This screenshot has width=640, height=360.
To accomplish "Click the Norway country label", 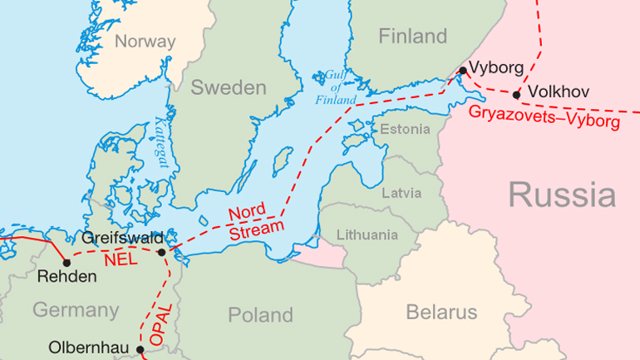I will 145,42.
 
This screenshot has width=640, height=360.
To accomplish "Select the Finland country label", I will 412,36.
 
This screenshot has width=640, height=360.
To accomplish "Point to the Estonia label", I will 406,129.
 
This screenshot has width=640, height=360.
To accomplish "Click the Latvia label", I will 401,193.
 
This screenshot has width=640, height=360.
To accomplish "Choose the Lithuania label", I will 366,234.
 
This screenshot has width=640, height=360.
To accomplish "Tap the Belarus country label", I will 441,312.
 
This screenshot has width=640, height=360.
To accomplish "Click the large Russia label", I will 562,195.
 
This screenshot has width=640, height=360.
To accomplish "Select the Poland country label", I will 260,314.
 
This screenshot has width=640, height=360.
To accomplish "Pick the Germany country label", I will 76,310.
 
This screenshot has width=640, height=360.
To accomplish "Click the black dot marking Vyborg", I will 462,71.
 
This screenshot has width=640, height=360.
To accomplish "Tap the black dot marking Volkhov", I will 516,94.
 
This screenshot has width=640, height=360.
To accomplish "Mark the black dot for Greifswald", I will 161,251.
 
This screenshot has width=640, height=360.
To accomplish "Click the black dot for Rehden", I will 66,262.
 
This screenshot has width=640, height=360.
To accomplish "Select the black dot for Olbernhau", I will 140,349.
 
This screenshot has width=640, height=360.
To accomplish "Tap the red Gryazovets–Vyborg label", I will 544,116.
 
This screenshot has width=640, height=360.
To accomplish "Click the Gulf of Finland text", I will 334,88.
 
